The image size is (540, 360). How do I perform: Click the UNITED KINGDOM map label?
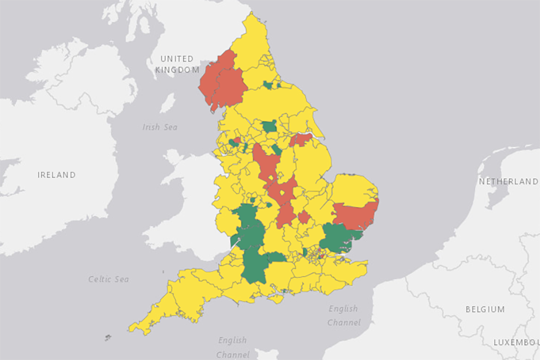coord(177,64)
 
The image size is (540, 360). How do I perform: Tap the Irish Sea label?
coord(160,127)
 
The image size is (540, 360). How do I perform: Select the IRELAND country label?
coord(56,175)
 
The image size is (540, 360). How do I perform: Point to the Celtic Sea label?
coord(109,279)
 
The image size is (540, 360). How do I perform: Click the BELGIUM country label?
coord(485,309)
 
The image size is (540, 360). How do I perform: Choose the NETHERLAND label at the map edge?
coord(508,182)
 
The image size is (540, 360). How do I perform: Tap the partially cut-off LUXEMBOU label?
coord(516,342)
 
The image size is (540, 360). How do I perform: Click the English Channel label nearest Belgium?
coord(343,315)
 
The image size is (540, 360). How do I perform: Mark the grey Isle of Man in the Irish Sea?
coord(167,103)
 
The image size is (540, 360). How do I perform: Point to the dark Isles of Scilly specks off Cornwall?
coord(107,337)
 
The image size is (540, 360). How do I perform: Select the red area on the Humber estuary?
coord(301,139)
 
